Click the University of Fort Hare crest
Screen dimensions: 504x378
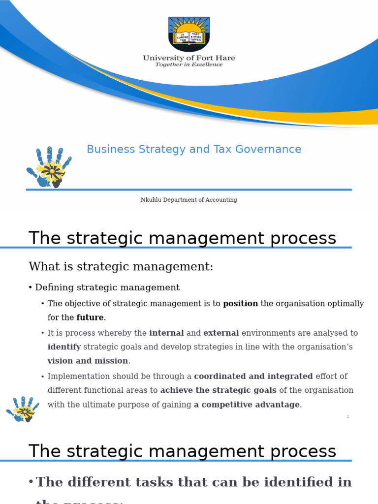pyautogui.click(x=189, y=33)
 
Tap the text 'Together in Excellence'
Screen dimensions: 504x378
pyautogui.click(x=189, y=64)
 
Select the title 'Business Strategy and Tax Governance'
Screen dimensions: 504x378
pyautogui.click(x=194, y=149)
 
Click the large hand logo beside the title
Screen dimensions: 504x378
pyautogui.click(x=49, y=167)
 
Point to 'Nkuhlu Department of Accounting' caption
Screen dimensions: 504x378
pyautogui.click(x=189, y=200)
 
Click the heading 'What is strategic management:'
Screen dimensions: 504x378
pyautogui.click(x=121, y=267)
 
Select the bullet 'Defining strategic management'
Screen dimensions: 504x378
pyautogui.click(x=107, y=287)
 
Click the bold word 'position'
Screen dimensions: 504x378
pyautogui.click(x=240, y=304)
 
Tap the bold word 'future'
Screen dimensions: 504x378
pyautogui.click(x=90, y=317)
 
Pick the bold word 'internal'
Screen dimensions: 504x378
pyautogui.click(x=166, y=333)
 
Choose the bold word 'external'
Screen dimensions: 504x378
pyautogui.click(x=221, y=333)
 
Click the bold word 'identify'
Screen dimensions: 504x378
pyautogui.click(x=64, y=347)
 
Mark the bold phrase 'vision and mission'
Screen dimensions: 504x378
pyautogui.click(x=88, y=361)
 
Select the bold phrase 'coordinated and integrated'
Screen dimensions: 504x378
pyautogui.click(x=253, y=377)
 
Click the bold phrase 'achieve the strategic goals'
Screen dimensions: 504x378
pyautogui.click(x=219, y=390)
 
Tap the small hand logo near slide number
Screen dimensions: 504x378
pyautogui.click(x=22, y=409)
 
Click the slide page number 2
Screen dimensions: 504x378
pyautogui.click(x=347, y=417)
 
